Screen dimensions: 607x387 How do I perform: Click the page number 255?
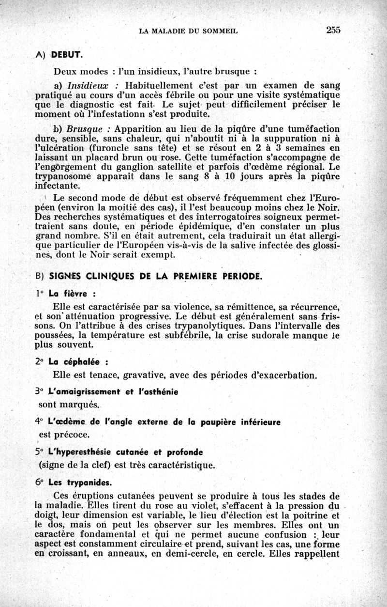[x=333, y=30]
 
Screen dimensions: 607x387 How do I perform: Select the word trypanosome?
[x=63, y=176]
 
